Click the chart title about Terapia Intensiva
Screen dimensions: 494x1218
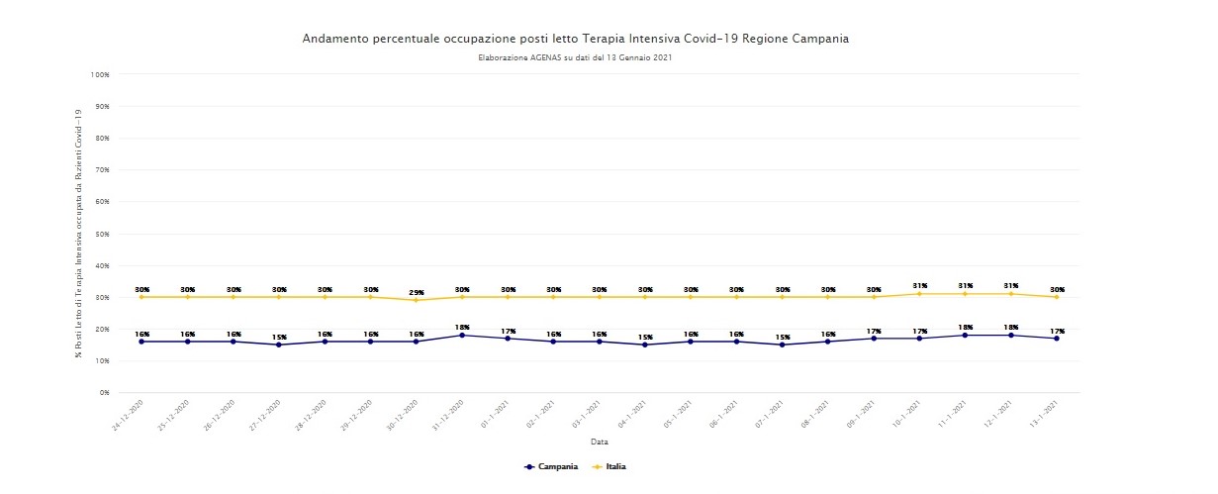[x=575, y=39]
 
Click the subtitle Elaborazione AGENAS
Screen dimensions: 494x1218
[x=575, y=57]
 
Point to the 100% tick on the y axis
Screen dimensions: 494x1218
[x=99, y=74]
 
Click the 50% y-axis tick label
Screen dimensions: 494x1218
[x=101, y=234]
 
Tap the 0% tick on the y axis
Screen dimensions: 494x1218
[x=103, y=393]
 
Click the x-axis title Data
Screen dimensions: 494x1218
[x=599, y=442]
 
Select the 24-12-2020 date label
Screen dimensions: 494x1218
[x=131, y=414]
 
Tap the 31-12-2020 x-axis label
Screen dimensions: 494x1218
[x=451, y=414]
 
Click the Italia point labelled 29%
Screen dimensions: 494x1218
[x=416, y=300]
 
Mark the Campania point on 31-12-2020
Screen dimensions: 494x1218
[x=462, y=336]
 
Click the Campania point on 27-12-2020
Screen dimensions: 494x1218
[x=279, y=345]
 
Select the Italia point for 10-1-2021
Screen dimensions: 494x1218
[x=919, y=294]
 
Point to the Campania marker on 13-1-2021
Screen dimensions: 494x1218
[x=1057, y=339]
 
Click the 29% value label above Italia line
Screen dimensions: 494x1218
[x=417, y=293]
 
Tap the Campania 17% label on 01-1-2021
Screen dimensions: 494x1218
[x=508, y=331]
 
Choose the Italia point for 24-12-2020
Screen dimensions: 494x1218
[x=141, y=297]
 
